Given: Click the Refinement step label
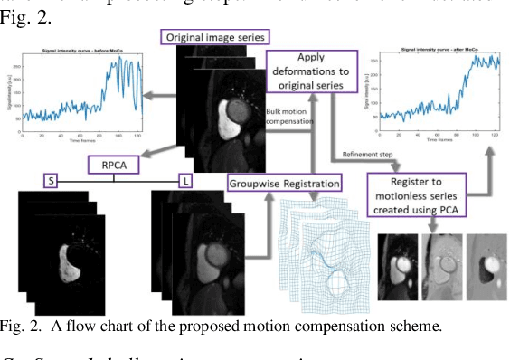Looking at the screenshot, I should pos(368,155).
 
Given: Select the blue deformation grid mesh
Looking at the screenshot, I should pos(326,249).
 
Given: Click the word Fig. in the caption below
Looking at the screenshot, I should pos(14,327).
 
